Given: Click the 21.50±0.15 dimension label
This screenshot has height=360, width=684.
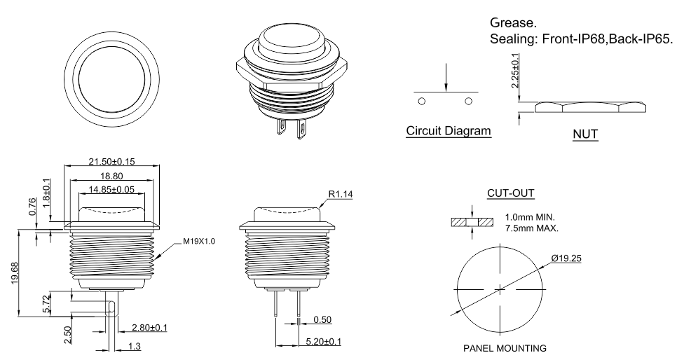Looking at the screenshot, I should coord(112,161).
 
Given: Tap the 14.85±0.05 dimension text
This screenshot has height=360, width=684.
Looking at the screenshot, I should coord(112,189).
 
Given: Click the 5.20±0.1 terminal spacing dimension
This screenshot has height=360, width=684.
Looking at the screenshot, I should coord(324,341).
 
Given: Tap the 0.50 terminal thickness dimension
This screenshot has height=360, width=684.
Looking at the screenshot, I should coord(323,319).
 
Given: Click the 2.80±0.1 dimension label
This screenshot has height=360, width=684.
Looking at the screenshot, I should coord(150,327).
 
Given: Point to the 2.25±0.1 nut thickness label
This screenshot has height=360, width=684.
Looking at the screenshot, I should coord(516,69).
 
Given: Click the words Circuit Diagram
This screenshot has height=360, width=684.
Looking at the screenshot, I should coord(449,131).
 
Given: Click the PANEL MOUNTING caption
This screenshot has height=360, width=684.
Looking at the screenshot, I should coord(500,347).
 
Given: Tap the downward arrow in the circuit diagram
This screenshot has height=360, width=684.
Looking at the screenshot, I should coord(445,78).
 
